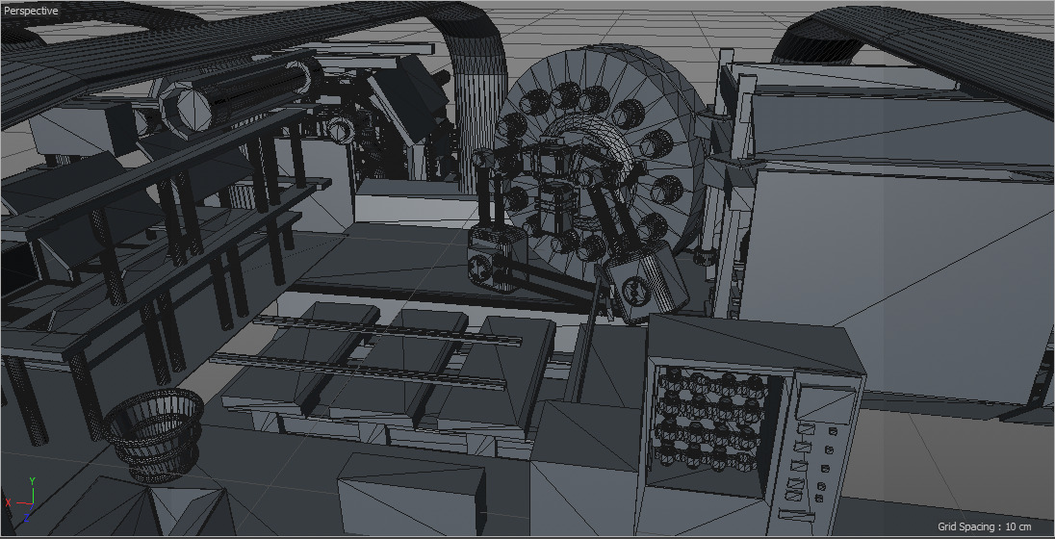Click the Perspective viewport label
(x=32, y=11)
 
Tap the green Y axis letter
(x=33, y=479)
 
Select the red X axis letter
(x=8, y=502)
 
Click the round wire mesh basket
(x=154, y=433)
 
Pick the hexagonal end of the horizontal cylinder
(x=185, y=106)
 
